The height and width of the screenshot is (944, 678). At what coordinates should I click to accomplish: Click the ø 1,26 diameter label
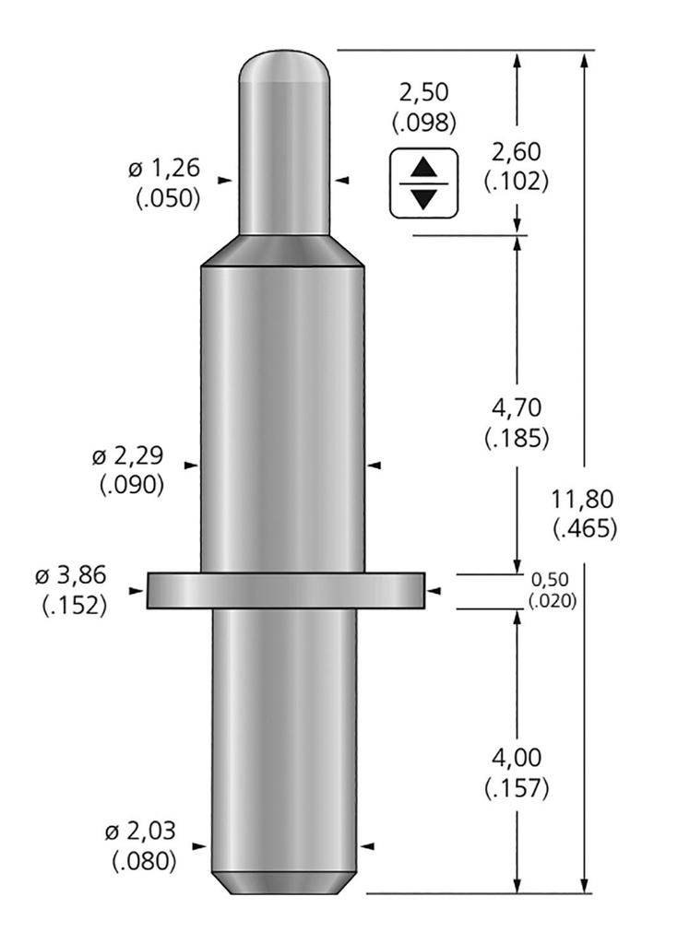pyautogui.click(x=163, y=169)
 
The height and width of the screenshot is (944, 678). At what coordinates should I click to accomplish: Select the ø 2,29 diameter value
pyautogui.click(x=128, y=455)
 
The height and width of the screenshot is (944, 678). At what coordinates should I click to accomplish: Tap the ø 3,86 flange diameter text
pyautogui.click(x=70, y=575)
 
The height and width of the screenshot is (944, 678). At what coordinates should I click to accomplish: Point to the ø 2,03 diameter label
pyautogui.click(x=140, y=832)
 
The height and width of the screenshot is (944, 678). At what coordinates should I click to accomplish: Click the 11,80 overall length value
pyautogui.click(x=582, y=499)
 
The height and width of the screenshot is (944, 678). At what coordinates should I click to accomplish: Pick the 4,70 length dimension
pyautogui.click(x=517, y=408)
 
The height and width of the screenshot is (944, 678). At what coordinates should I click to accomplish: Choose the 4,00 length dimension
pyautogui.click(x=517, y=758)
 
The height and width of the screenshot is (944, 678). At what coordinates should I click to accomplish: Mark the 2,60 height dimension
pyautogui.click(x=517, y=152)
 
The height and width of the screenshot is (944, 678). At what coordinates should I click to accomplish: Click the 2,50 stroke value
pyautogui.click(x=424, y=93)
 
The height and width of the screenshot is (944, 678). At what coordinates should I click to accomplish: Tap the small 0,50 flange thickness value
pyautogui.click(x=550, y=579)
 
